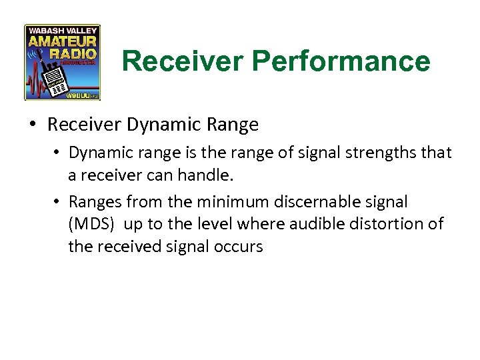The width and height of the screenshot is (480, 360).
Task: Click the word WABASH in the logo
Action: [x=45, y=31]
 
